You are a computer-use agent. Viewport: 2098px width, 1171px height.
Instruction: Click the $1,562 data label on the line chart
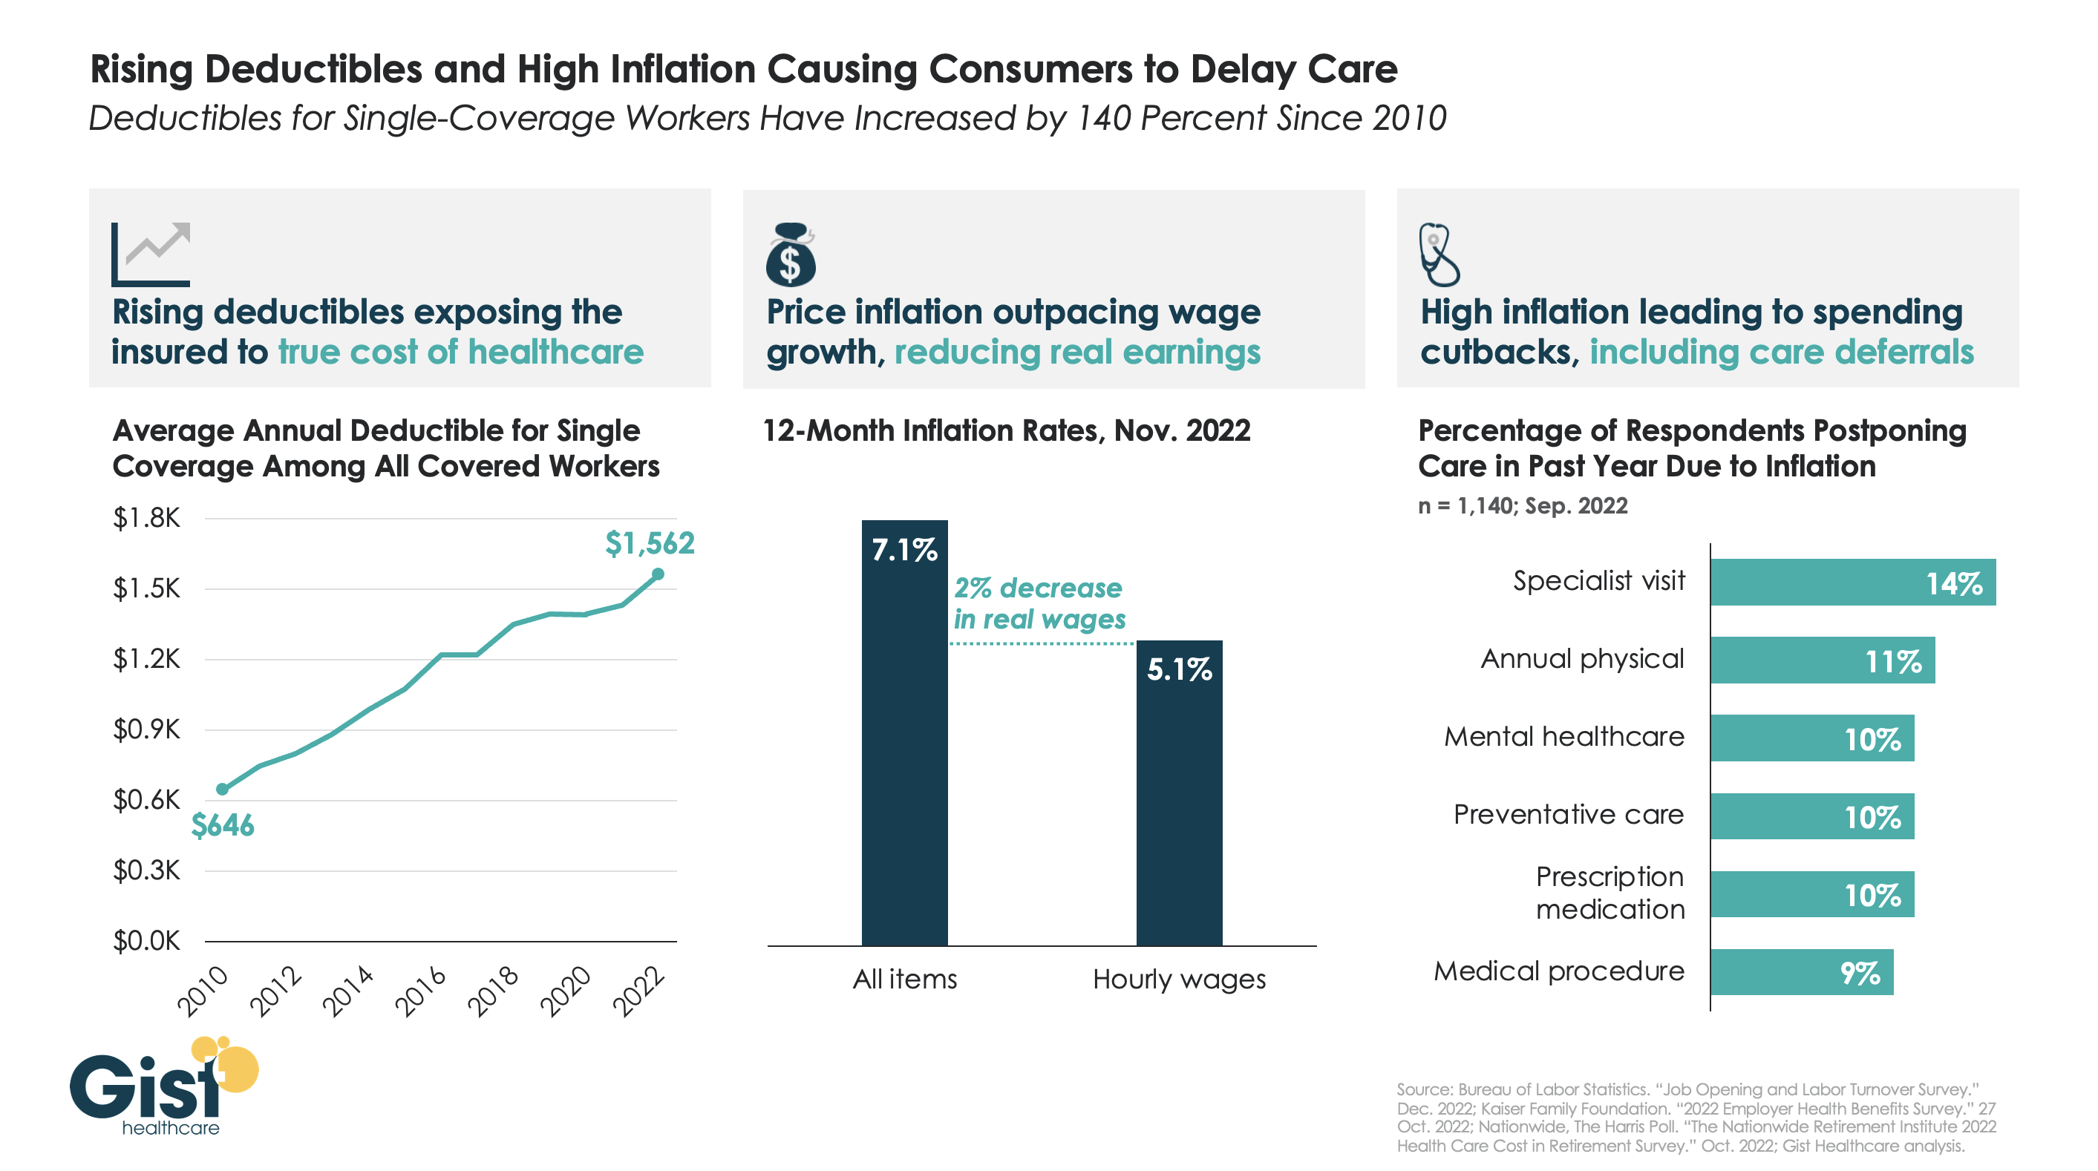[649, 543]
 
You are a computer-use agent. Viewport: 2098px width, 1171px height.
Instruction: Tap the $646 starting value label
[222, 825]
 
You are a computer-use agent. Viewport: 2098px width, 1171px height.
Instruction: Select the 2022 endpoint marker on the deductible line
[658, 574]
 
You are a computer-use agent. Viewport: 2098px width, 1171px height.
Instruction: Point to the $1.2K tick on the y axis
[146, 658]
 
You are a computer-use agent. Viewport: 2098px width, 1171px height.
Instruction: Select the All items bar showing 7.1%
[904, 733]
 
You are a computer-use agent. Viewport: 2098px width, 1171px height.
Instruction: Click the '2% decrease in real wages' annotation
[1039, 603]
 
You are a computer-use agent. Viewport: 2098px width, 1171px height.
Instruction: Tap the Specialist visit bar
[1852, 583]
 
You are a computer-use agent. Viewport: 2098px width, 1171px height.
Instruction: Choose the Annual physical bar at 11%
[1822, 660]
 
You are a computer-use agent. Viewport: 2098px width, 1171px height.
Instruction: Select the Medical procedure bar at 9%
[1801, 971]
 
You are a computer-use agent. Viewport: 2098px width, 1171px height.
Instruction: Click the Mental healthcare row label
[1563, 736]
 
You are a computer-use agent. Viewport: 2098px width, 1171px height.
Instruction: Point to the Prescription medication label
[1610, 893]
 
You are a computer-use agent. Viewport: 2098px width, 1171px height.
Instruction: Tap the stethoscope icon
[1438, 254]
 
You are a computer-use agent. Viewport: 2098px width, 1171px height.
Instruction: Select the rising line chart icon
[151, 254]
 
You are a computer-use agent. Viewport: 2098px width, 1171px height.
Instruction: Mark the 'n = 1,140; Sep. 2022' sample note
[1522, 505]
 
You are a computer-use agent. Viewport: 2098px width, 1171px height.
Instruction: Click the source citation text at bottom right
[1696, 1118]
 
